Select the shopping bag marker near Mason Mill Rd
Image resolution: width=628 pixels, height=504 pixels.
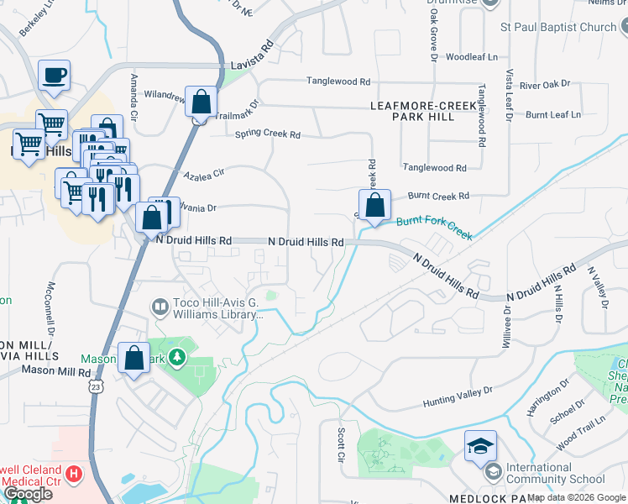[134, 359]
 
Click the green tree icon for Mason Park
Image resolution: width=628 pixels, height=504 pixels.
[176, 360]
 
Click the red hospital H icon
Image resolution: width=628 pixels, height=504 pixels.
[75, 475]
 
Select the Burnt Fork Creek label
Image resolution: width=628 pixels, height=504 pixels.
[434, 228]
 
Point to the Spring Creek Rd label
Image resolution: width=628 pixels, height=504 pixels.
[267, 134]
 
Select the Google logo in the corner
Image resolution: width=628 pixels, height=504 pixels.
[28, 494]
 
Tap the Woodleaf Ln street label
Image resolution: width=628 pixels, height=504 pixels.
[472, 57]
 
